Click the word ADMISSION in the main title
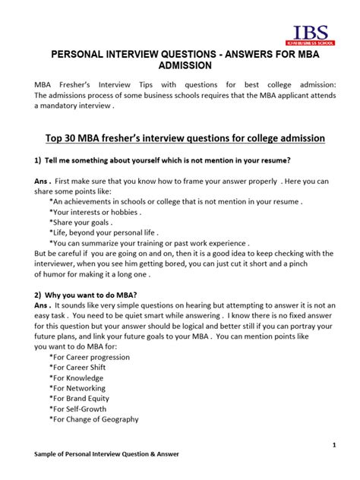click(x=180, y=67)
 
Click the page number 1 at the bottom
click(x=334, y=444)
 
